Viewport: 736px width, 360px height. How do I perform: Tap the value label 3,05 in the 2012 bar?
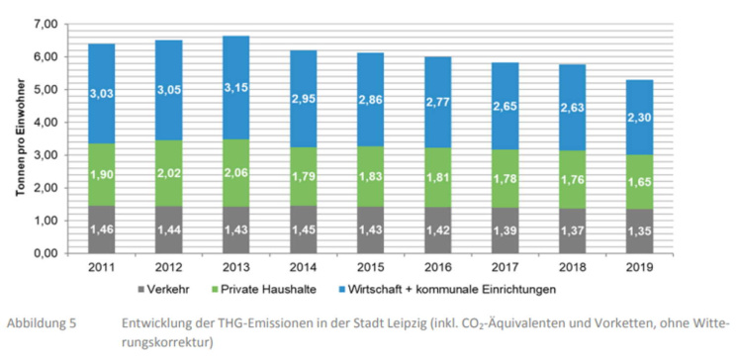[163, 94]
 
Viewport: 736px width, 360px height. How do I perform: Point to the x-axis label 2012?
[163, 268]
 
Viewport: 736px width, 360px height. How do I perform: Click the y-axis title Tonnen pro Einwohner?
[20, 138]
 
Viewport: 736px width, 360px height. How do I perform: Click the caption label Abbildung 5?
[41, 323]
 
